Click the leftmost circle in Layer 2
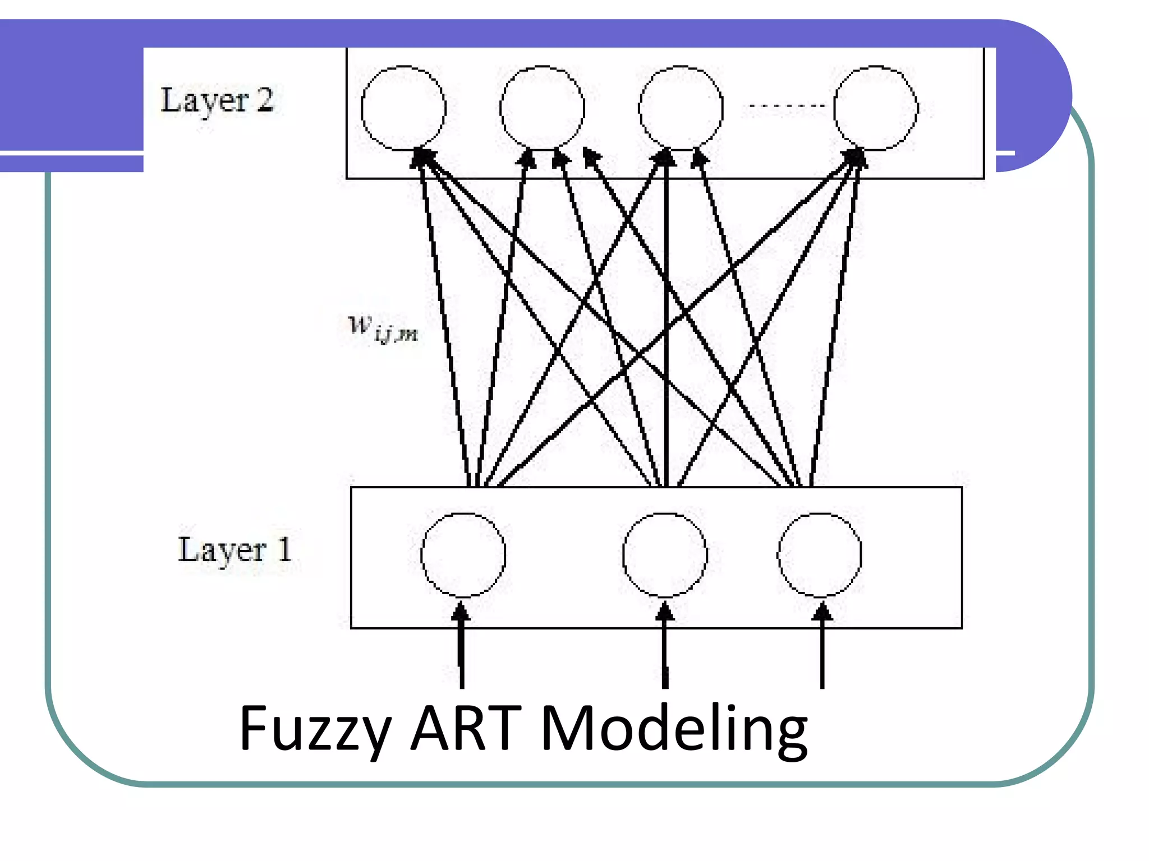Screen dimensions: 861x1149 click(403, 108)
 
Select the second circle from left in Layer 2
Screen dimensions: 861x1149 click(542, 108)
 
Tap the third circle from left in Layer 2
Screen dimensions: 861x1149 click(681, 108)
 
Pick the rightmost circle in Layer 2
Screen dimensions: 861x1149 click(875, 108)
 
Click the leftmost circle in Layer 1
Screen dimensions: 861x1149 click(463, 554)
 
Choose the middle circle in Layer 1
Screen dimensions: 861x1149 click(665, 554)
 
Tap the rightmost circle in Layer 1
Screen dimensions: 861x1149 click(820, 554)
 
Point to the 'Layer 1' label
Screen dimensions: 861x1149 click(235, 550)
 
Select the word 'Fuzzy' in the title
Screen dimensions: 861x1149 click(315, 729)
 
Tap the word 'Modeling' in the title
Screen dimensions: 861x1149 click(674, 729)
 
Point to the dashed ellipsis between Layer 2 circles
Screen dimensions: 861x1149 click(784, 105)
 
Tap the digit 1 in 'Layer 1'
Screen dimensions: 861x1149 click(284, 549)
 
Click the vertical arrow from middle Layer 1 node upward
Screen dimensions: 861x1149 click(666, 320)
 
